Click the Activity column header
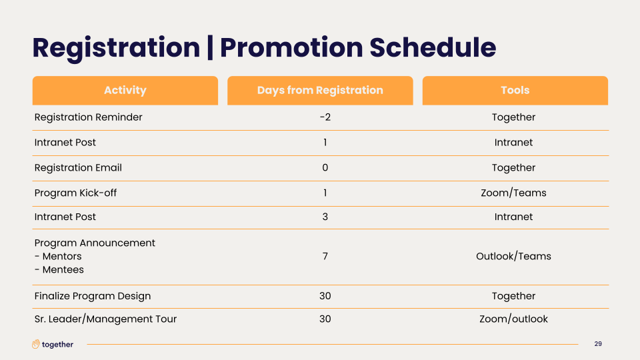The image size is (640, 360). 125,90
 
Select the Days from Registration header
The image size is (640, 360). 320,90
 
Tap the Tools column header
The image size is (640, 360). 515,90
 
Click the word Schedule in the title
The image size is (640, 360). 433,47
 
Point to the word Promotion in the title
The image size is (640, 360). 291,47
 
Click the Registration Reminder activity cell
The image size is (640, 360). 88,117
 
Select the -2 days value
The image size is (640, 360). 325,117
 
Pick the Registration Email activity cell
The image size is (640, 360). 78,168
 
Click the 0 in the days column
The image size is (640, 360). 325,168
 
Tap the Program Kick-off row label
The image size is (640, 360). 75,193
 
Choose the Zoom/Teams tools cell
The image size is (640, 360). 513,193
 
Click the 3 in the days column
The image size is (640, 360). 325,217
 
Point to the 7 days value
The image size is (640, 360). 325,256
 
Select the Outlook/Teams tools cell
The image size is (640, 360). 513,256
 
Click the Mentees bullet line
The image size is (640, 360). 59,270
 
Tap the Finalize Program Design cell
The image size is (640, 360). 93,296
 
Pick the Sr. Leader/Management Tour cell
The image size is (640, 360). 105,319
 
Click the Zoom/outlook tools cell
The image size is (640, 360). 513,319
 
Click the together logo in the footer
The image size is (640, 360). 53,344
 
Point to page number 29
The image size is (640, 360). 598,344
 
